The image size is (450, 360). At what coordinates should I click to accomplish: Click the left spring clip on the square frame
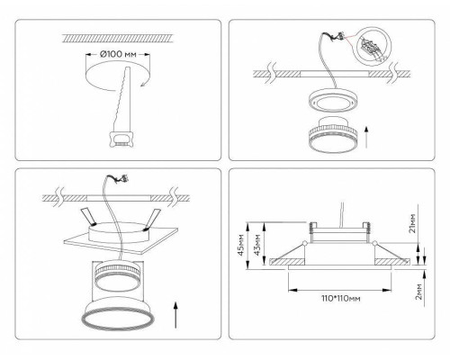point(89,217)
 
